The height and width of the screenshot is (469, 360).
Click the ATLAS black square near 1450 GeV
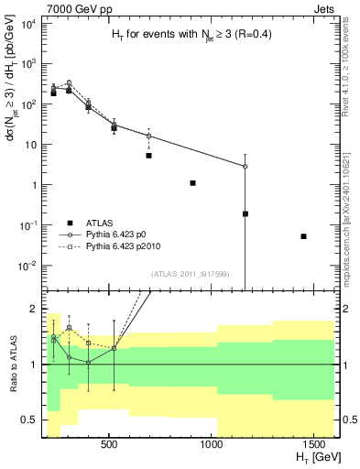[x=303, y=236]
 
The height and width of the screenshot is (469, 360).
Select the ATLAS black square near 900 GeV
[x=192, y=183]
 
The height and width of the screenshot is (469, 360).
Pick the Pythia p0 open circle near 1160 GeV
[x=245, y=167]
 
